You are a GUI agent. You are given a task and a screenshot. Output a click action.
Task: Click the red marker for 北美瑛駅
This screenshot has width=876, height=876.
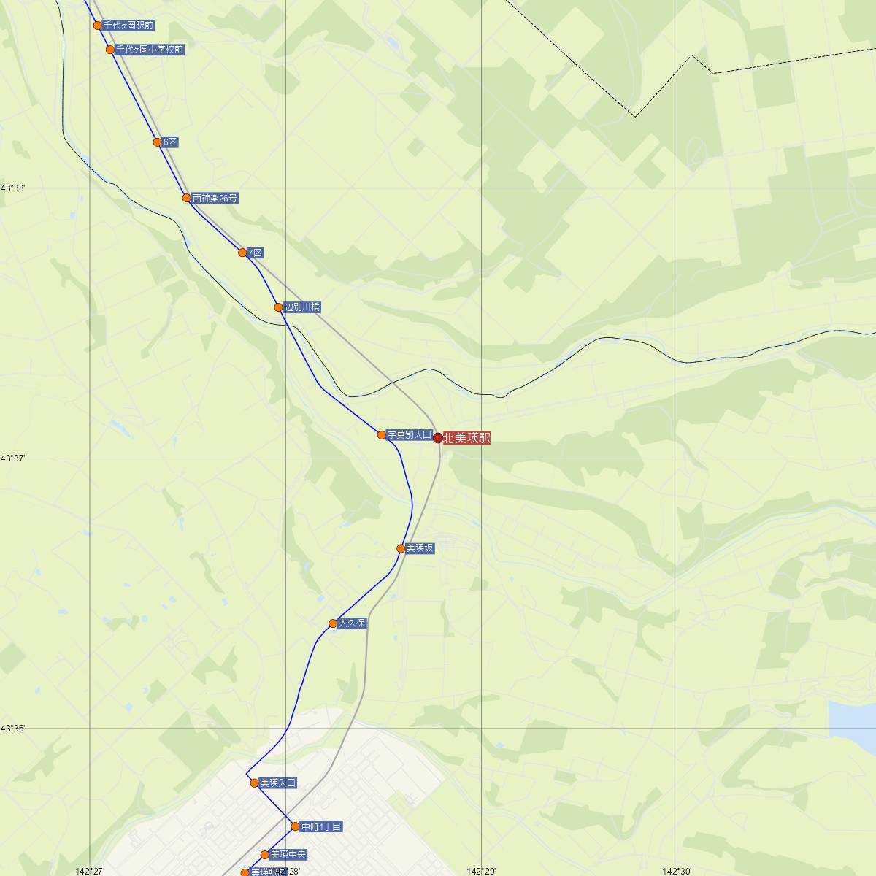438,438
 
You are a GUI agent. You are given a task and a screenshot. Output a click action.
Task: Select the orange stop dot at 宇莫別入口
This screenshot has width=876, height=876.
382,435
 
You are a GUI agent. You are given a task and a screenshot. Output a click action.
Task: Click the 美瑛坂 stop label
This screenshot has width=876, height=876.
420,548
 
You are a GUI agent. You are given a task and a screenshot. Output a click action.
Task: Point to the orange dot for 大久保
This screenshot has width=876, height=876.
333,623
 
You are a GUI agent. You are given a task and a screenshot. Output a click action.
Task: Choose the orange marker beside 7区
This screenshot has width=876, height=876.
242,253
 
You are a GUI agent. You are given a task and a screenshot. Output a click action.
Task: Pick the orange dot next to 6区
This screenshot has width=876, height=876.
158,142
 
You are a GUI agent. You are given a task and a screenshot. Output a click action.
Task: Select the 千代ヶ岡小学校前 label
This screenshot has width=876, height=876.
150,50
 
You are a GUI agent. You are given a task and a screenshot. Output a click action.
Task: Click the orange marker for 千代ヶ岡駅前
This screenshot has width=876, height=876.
98,26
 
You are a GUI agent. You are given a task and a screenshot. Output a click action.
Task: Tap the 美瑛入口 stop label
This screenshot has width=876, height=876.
278,783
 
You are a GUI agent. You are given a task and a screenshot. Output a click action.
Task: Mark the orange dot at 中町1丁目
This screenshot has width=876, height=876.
296,826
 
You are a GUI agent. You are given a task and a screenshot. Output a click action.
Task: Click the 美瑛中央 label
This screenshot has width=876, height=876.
288,855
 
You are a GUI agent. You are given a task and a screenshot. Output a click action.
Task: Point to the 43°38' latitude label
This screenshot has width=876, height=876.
13,188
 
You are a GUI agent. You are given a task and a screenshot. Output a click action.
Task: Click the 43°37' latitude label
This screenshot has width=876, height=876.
13,458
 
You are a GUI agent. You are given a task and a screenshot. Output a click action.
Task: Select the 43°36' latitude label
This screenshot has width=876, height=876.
13,729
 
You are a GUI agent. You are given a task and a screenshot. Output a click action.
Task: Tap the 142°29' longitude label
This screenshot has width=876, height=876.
482,871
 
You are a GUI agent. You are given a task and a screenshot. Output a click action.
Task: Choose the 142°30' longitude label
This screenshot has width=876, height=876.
677,871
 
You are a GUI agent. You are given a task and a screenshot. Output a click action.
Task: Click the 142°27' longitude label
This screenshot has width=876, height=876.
91,871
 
